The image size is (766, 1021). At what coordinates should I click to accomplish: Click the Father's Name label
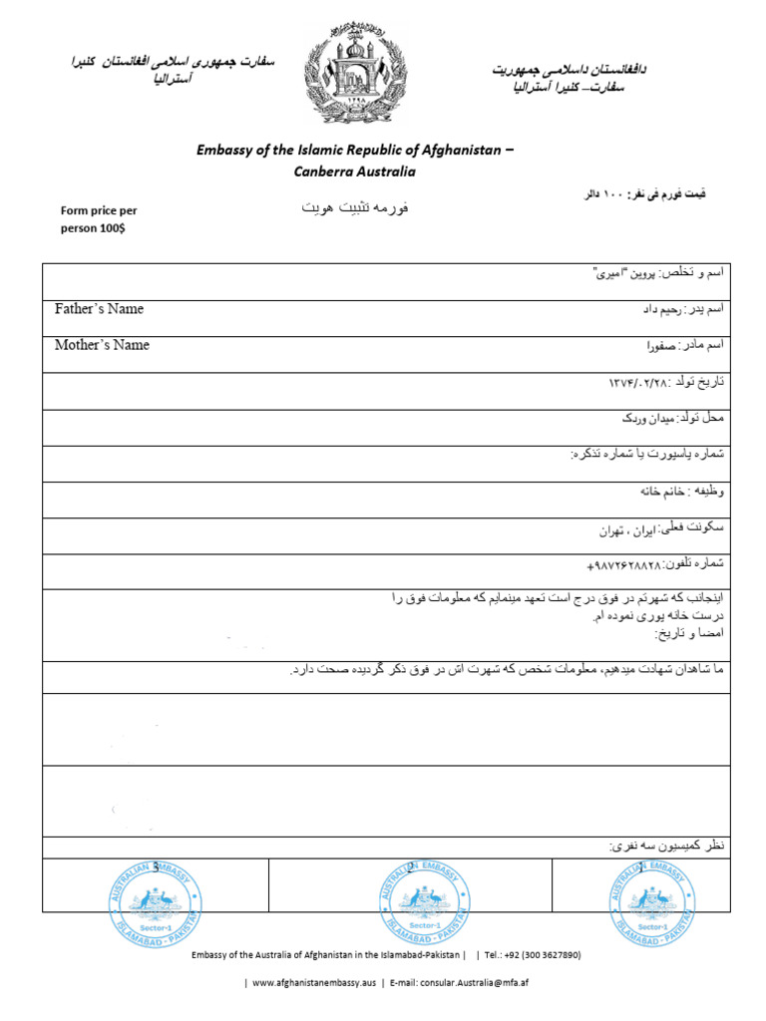99,309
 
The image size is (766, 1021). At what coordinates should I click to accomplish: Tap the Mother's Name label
102,345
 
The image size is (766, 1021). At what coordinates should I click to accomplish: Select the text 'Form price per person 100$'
99,218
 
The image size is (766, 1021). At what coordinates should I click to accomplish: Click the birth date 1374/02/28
639,383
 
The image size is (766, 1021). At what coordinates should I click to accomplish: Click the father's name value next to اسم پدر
658,310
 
